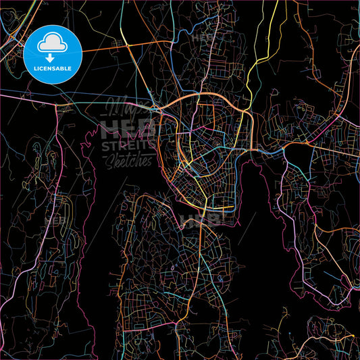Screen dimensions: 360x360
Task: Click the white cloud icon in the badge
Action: pyautogui.click(x=53, y=43)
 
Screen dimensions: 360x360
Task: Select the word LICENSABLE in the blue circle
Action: pyautogui.click(x=53, y=68)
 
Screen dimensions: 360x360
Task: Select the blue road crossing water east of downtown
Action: pyautogui.click(x=270, y=152)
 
